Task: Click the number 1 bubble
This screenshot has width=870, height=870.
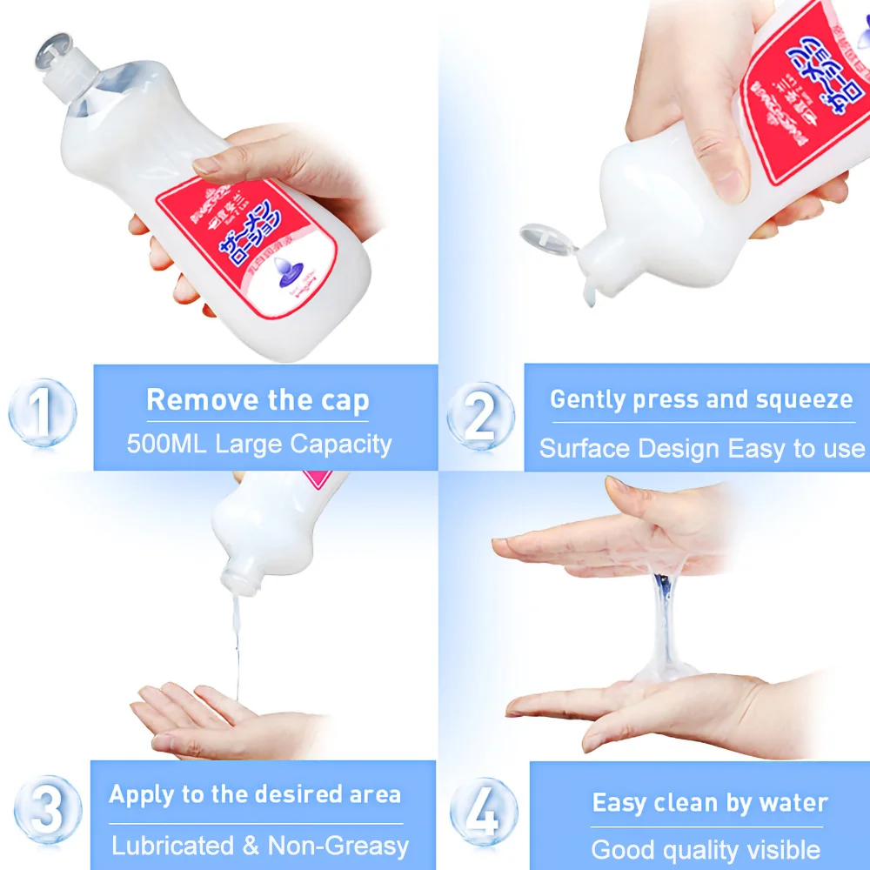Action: [43, 412]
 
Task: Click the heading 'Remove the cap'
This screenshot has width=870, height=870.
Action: [258, 400]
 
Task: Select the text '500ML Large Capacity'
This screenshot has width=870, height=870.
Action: [259, 444]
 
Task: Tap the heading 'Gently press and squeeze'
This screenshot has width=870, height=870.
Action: [701, 399]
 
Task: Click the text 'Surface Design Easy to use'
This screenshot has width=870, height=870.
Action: [702, 449]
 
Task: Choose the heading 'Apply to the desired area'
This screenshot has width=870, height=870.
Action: [255, 794]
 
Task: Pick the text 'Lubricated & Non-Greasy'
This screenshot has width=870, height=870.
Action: [260, 845]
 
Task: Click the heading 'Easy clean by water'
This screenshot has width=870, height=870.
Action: [710, 802]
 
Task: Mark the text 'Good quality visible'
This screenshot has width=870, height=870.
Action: [706, 849]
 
